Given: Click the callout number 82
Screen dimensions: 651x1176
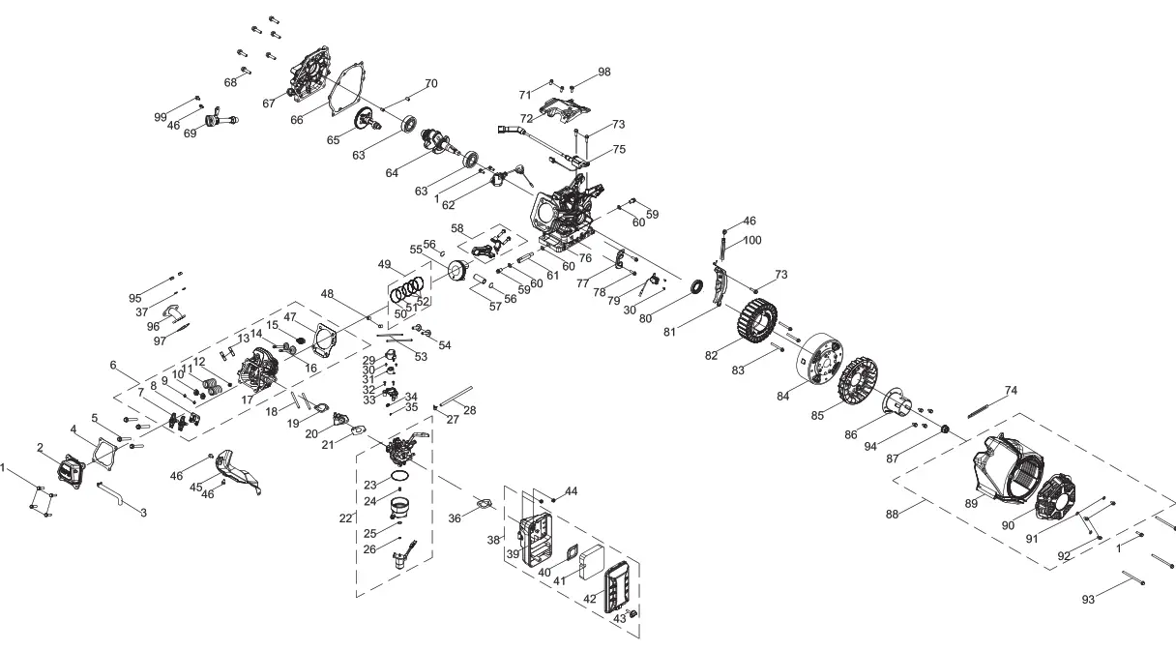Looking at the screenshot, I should click(x=712, y=356).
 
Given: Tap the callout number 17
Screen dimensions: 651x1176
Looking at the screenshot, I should click(x=249, y=399).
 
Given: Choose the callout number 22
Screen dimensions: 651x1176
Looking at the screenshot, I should click(x=346, y=518).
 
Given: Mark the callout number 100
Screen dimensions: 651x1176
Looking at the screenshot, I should click(x=752, y=239).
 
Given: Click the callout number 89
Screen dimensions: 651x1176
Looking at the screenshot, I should click(x=971, y=503).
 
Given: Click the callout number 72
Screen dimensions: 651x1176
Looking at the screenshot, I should click(x=527, y=118).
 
